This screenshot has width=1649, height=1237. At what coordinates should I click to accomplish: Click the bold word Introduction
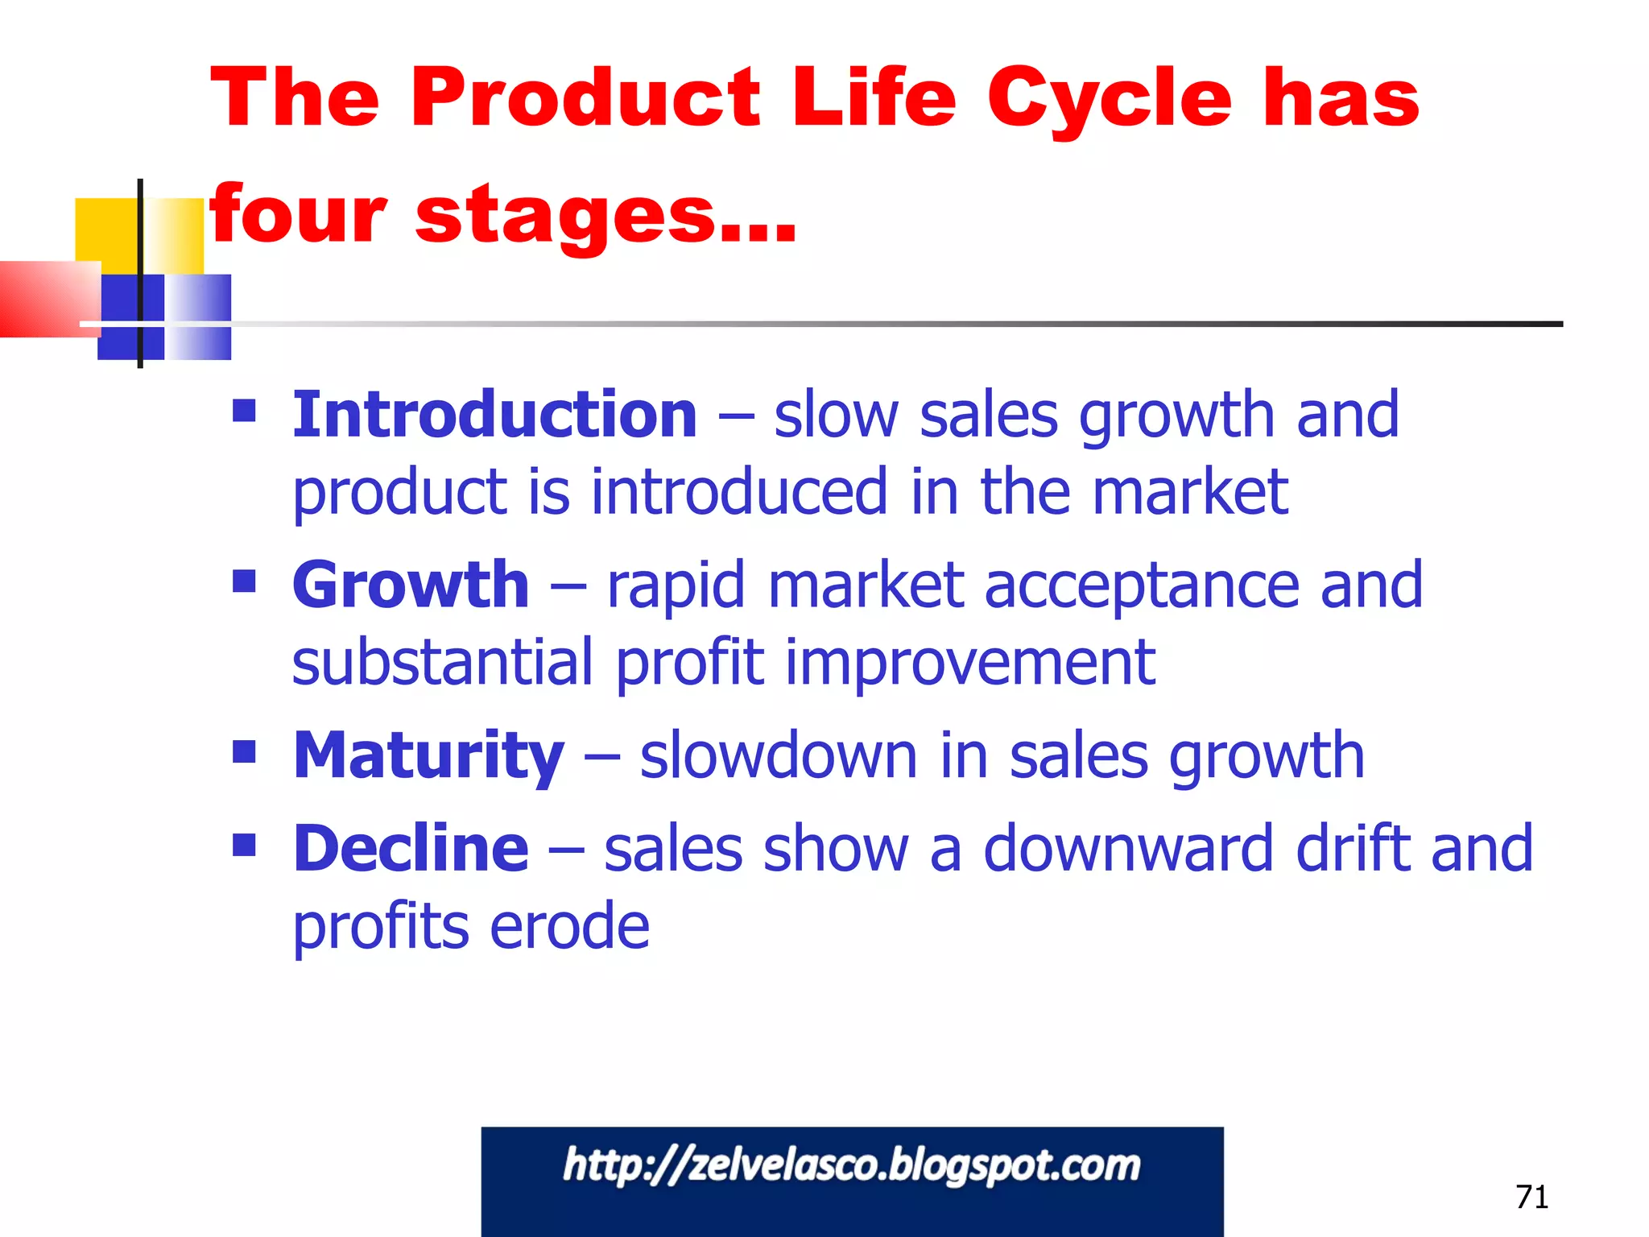(x=494, y=415)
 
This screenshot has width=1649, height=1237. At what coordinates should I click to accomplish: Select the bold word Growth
(x=410, y=585)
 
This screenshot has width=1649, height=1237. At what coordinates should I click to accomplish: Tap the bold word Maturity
(x=428, y=756)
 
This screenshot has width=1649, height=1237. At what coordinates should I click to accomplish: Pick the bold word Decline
(x=410, y=849)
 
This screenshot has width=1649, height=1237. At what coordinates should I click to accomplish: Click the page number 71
(x=1531, y=1198)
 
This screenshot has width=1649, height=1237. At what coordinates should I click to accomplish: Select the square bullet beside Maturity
(x=244, y=752)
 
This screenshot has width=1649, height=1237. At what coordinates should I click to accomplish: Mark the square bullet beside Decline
(x=244, y=845)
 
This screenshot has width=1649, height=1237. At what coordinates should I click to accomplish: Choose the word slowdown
(x=779, y=756)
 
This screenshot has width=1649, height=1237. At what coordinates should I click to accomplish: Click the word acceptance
(x=1142, y=585)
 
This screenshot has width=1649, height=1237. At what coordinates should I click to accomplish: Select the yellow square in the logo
(x=106, y=230)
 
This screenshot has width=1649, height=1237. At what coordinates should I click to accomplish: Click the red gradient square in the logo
(x=48, y=298)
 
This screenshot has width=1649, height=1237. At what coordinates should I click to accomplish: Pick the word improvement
(x=970, y=663)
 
